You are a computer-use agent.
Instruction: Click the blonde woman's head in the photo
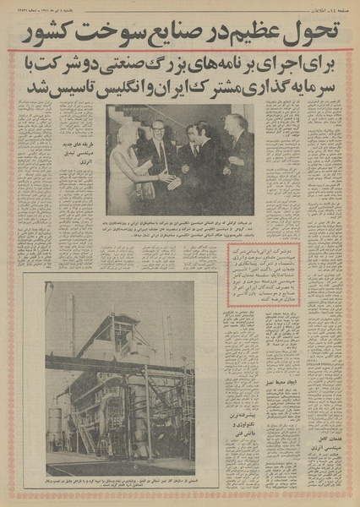point(124,134)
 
